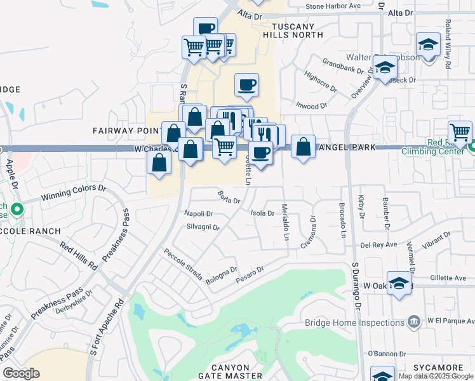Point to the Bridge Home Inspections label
click(x=354, y=322)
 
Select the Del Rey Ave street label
click(x=378, y=244)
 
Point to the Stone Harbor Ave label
click(x=332, y=6)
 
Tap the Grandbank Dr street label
click(x=342, y=65)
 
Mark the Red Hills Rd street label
click(x=78, y=255)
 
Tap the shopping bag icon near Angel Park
click(x=304, y=147)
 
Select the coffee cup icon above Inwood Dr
click(x=246, y=84)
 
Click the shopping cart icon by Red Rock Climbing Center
click(x=460, y=132)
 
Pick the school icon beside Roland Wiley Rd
click(x=429, y=45)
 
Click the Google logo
click(x=22, y=373)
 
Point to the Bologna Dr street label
click(x=221, y=274)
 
